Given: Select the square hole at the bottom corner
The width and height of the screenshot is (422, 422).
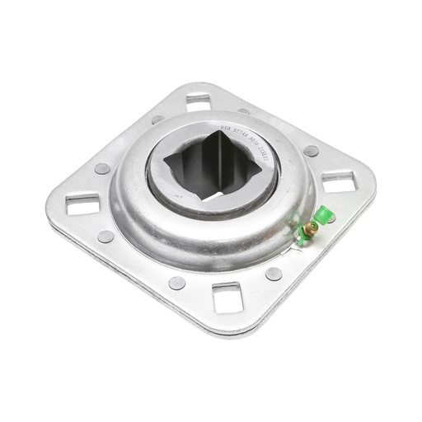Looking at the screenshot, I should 226,298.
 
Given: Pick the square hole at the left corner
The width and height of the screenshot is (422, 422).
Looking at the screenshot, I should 82,204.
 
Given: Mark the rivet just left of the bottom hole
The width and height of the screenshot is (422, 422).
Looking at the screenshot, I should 176,283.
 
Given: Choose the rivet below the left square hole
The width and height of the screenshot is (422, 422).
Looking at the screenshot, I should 105,237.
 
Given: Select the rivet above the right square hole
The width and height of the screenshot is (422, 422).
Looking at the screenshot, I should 311,151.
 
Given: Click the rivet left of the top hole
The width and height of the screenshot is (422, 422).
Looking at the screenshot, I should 157,120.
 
